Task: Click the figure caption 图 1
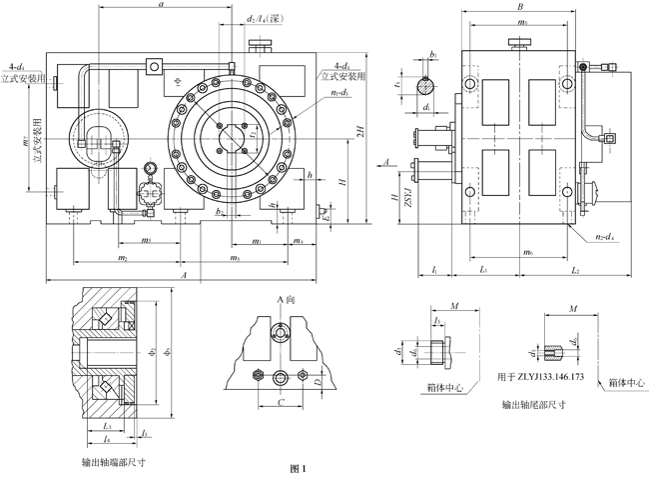pos(297,469)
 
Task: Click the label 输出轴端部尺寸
pos(115,463)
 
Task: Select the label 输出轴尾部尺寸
pos(533,405)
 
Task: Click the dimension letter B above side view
pos(520,7)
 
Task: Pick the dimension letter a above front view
pos(162,6)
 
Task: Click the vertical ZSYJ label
pos(407,209)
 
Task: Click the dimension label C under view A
pos(282,403)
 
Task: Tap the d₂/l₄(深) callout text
pos(264,19)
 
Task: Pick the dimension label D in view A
pos(317,382)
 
